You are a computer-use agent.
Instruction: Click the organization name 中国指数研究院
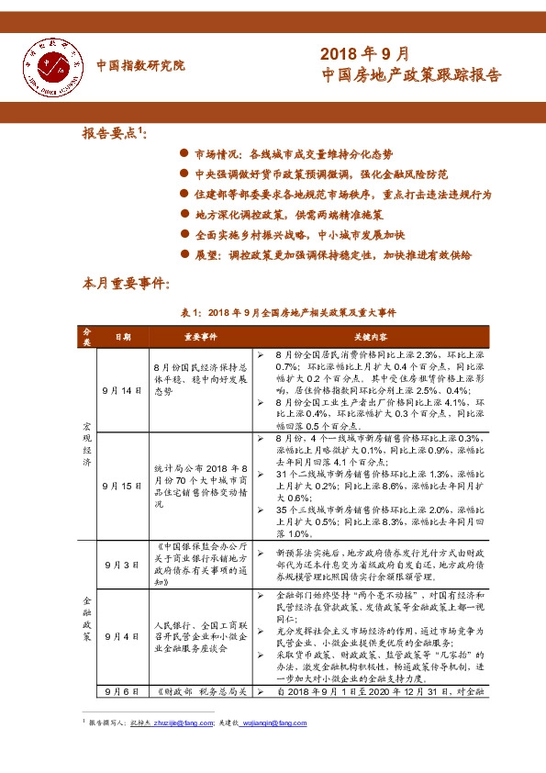(x=140, y=65)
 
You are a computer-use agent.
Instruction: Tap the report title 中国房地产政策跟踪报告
(x=412, y=76)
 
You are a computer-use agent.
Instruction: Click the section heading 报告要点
(x=114, y=133)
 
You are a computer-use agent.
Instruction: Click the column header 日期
(x=122, y=337)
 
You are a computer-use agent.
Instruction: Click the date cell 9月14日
(x=122, y=390)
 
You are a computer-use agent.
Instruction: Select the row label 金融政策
(x=87, y=610)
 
